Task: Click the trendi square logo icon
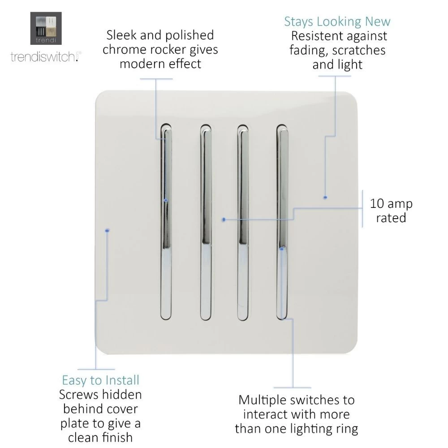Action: coord(46,28)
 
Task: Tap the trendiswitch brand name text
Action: coord(46,56)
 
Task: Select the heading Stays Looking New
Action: coord(337,22)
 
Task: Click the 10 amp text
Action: coord(391,203)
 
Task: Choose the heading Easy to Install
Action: coord(100,380)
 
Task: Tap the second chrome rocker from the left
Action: coord(206,222)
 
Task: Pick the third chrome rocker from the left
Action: coord(243,222)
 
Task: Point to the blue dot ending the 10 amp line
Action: coord(224,220)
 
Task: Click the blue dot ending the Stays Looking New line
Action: coord(325,198)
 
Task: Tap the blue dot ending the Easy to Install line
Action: coord(107,230)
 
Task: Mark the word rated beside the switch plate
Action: coord(391,218)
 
